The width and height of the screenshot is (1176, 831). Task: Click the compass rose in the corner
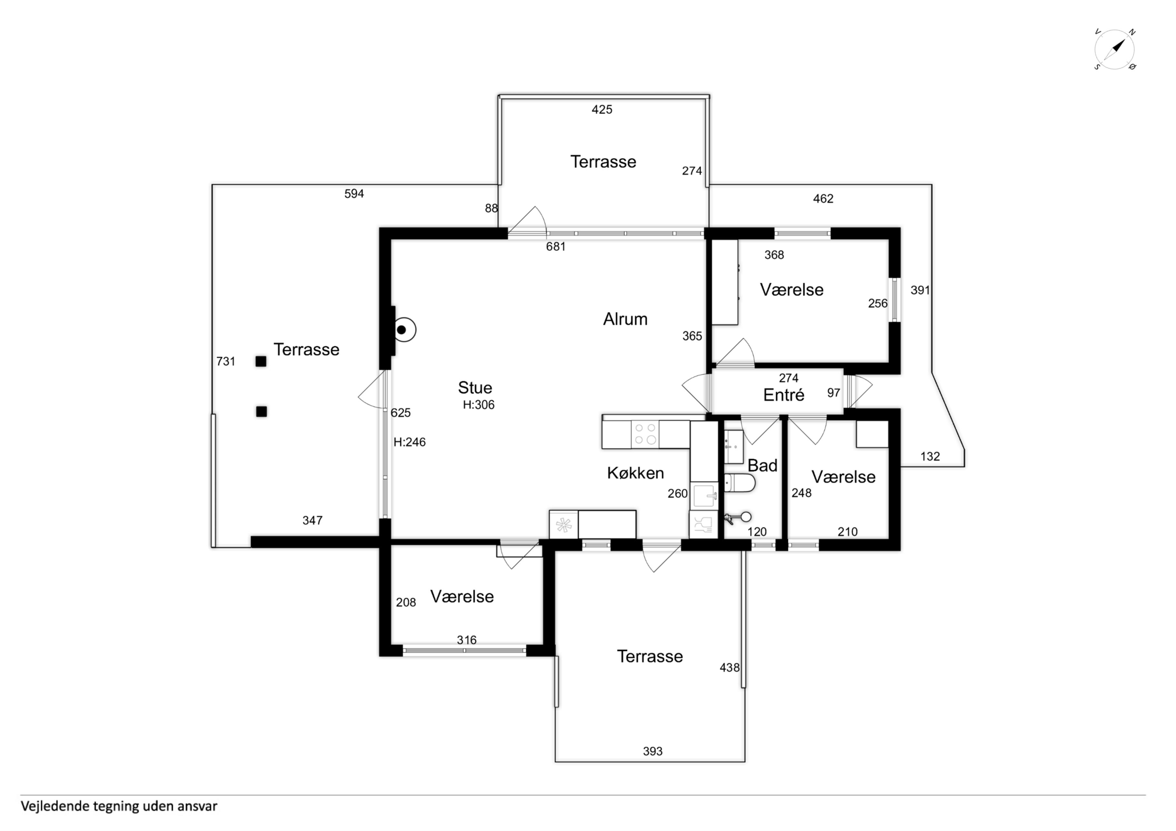pyautogui.click(x=1114, y=50)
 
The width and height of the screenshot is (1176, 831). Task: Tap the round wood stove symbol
pyautogui.click(x=405, y=330)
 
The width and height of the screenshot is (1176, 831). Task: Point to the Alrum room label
pyautogui.click(x=625, y=319)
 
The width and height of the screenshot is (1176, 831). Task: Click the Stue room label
pyautogui.click(x=475, y=388)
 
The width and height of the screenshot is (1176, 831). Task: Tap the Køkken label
pyautogui.click(x=635, y=473)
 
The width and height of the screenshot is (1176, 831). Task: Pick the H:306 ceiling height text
pyautogui.click(x=478, y=405)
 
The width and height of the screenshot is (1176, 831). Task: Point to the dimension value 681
pyautogui.click(x=556, y=247)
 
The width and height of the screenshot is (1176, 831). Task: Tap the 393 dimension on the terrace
pyautogui.click(x=652, y=751)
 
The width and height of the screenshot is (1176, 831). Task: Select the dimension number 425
pyautogui.click(x=602, y=110)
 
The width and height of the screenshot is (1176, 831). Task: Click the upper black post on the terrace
pyautogui.click(x=261, y=362)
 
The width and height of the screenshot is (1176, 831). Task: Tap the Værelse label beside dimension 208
pyautogui.click(x=462, y=596)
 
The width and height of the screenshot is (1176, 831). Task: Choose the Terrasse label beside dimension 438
pyautogui.click(x=650, y=656)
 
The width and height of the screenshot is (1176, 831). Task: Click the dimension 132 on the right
pyautogui.click(x=930, y=456)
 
